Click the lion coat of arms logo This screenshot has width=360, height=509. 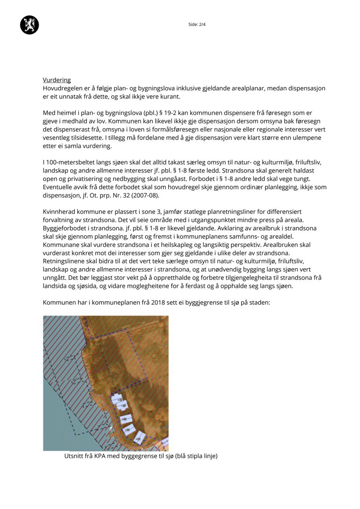pos(29,25)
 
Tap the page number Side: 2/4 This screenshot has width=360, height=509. pos(197,25)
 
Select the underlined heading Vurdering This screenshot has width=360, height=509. pos(57,80)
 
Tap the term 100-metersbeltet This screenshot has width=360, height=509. pos(70,163)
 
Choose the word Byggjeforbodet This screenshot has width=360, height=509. pos(65,229)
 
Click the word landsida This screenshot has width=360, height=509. pos(55,286)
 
